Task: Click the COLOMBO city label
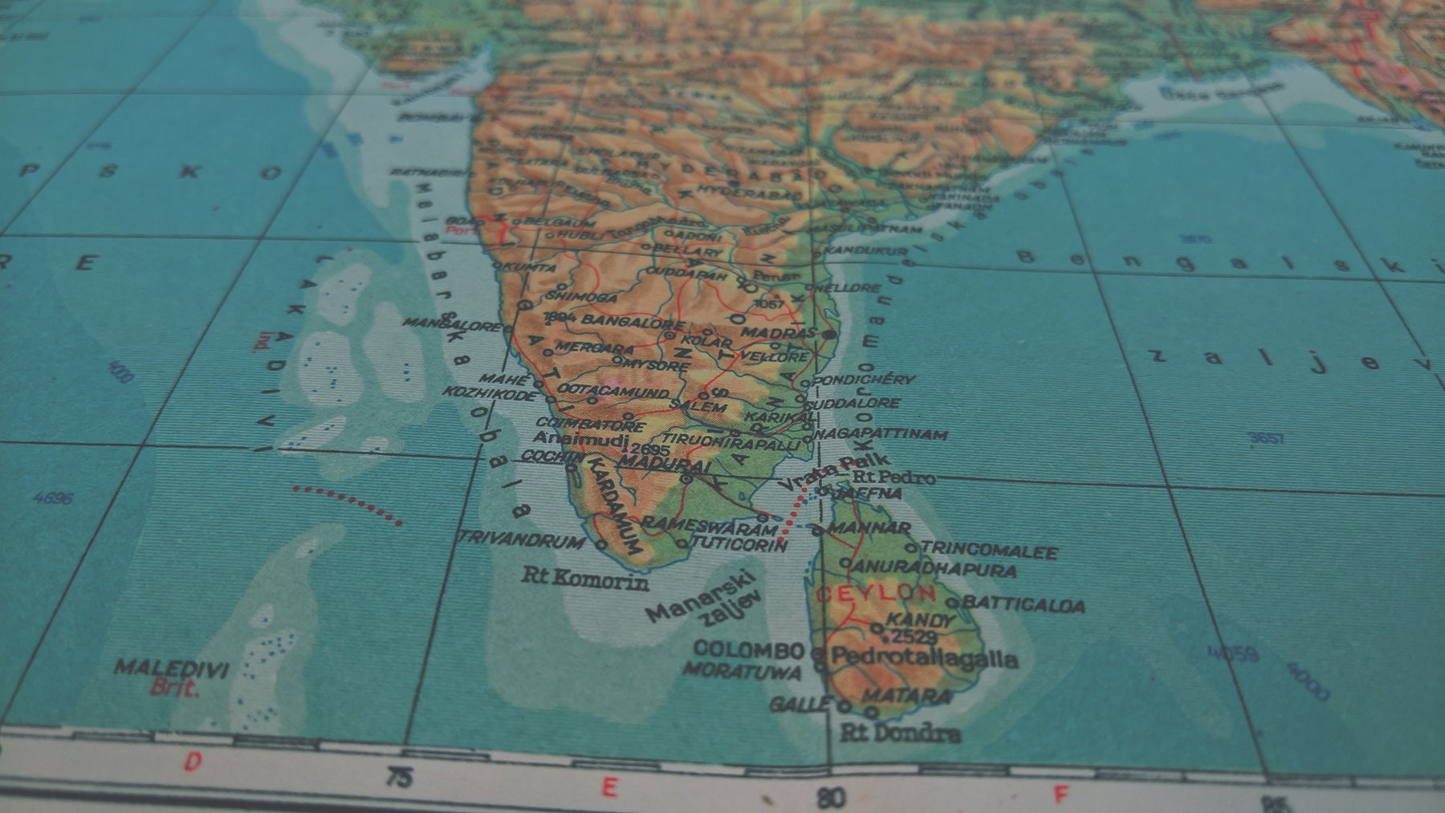748,649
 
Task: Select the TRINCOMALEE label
989,551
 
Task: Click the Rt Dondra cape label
900,733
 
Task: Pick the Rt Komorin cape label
585,578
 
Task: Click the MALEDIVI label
171,668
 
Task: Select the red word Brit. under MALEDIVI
174,688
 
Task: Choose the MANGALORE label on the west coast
452,323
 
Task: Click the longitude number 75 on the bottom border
399,778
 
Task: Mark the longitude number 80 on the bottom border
831,798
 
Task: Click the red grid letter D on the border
193,762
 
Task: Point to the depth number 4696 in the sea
53,498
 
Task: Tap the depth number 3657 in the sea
1267,438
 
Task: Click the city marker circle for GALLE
845,707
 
